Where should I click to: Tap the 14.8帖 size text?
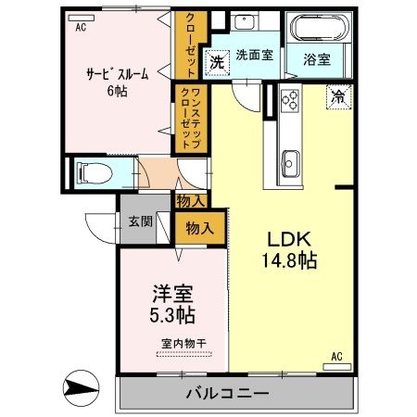pos(284,260)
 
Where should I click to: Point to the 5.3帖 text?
pos(172,316)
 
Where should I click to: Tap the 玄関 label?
pos(140,222)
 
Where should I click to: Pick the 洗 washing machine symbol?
pos(216,63)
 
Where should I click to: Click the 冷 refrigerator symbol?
pos(338,95)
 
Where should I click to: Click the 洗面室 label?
pos(253,56)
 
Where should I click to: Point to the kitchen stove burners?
pos(288,97)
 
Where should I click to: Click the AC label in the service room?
pos(81,29)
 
